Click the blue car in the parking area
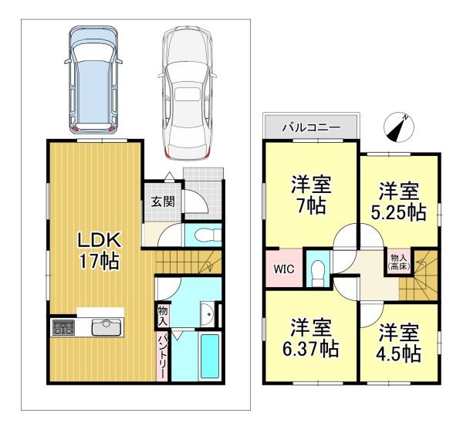point(93,80)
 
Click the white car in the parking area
point(187,93)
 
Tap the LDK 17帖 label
point(99,250)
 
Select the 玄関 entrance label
point(163,202)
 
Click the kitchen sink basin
point(106,327)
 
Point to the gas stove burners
point(63,327)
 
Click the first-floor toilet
point(208,235)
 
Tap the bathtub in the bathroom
point(209,356)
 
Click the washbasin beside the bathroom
point(208,314)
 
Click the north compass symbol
point(399,127)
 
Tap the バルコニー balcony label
point(312,127)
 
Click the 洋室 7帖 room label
point(311,195)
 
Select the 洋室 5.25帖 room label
point(398,201)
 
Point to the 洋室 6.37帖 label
point(310,338)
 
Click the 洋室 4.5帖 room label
point(399,344)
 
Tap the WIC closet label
point(283,269)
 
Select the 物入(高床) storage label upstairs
point(398,262)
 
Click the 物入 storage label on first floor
point(162,315)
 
